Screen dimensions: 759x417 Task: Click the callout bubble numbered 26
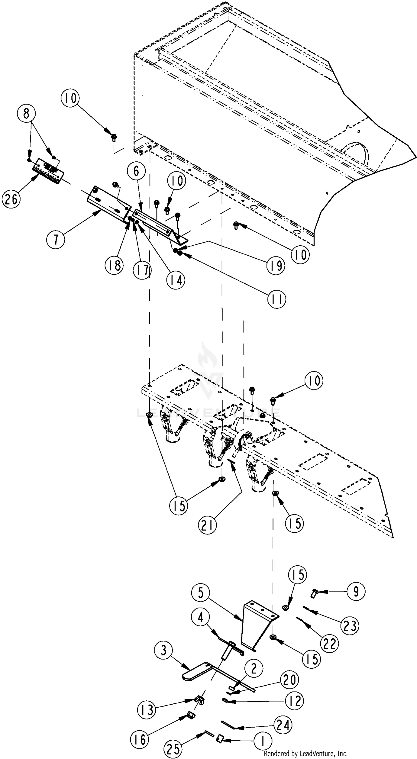[11, 199]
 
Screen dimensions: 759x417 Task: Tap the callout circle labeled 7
[56, 239]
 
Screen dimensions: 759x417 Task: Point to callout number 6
[136, 171]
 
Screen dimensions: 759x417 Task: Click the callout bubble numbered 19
[276, 266]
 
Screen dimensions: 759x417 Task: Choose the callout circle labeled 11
[277, 299]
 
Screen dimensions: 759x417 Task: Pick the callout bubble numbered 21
[207, 525]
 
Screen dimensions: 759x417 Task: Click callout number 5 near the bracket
[200, 593]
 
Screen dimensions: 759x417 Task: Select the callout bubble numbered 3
[164, 650]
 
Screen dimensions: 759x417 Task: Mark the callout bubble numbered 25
[173, 748]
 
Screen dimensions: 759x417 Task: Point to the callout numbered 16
[140, 739]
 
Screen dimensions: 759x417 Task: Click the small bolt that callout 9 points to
[314, 593]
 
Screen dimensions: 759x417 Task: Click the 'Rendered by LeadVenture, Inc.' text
[306, 753]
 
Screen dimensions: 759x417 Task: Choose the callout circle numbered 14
[176, 280]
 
